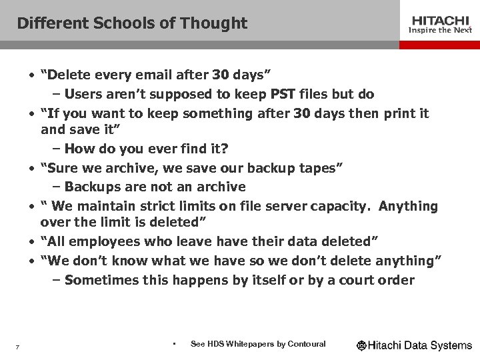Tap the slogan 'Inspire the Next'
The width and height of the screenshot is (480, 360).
click(x=439, y=30)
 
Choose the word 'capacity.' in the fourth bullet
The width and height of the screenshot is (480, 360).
click(x=339, y=206)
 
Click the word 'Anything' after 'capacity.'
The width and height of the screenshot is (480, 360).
click(x=409, y=206)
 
